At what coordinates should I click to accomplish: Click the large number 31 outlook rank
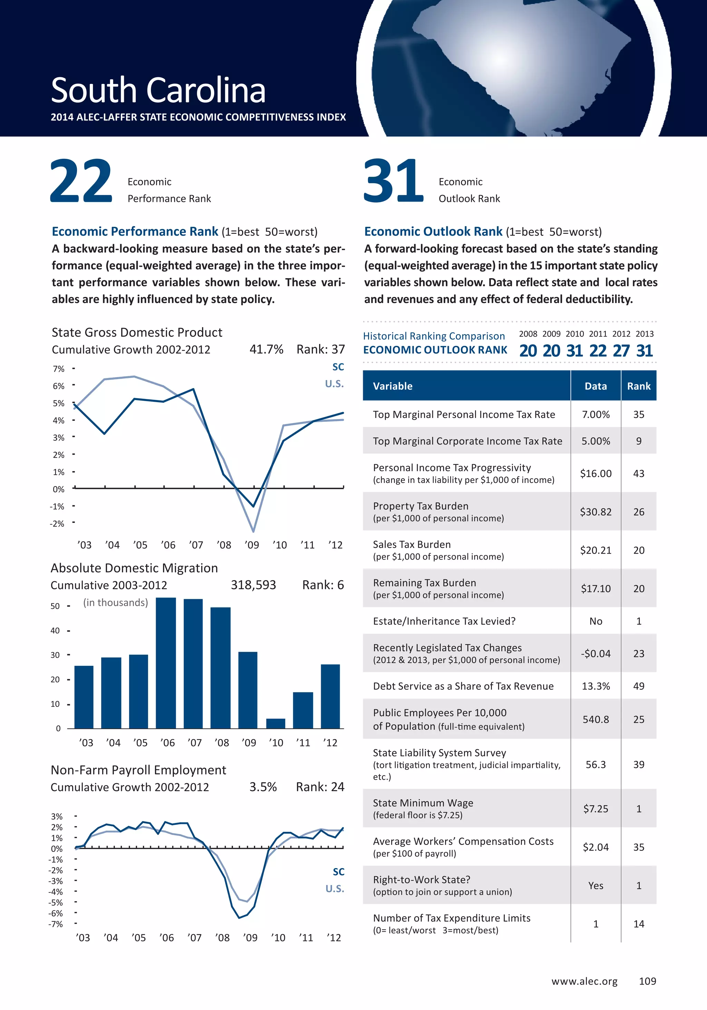coord(393,181)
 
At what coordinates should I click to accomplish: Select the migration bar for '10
coord(275,723)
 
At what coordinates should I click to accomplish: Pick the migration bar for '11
coord(303,710)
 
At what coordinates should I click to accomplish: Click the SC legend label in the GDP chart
coord(338,367)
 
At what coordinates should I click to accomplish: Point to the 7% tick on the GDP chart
coord(58,369)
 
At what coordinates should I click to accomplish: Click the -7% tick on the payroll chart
coord(56,924)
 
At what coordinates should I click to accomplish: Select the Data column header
coord(596,386)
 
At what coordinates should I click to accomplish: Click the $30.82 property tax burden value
coord(596,512)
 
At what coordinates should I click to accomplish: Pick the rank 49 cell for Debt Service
coord(639,686)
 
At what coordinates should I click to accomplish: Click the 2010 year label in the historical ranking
coord(574,334)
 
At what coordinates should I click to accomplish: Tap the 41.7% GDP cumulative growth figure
coord(266,349)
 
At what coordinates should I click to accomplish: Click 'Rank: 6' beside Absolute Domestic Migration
coord(323,585)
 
